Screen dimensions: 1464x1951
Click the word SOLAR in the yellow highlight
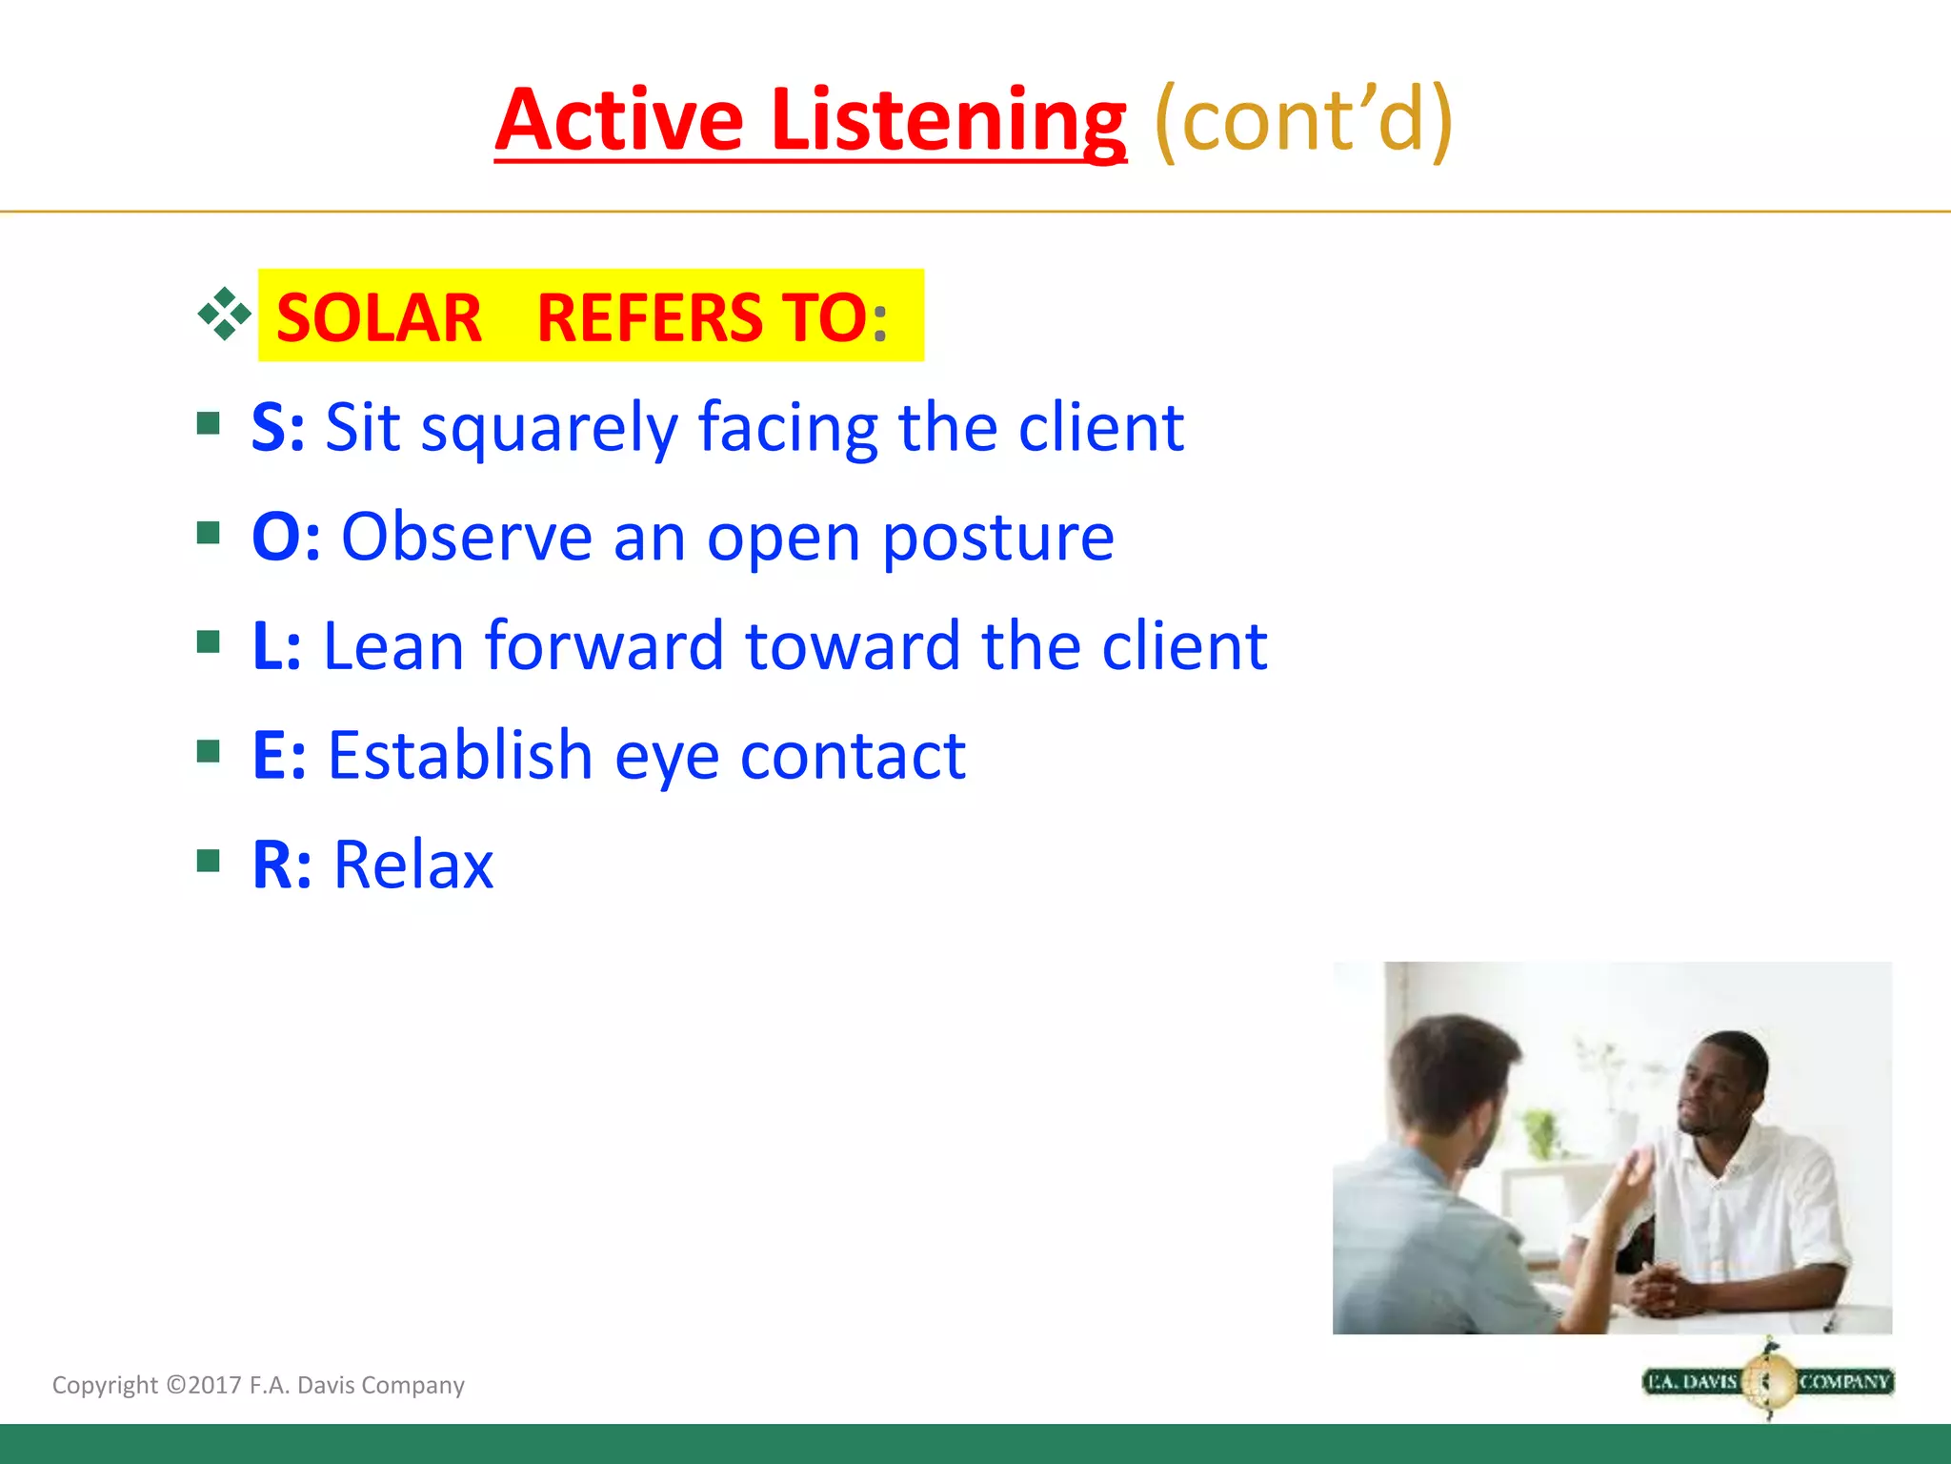pos(378,317)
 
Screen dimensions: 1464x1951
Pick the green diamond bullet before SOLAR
pos(224,314)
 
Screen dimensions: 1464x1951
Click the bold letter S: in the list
pos(277,427)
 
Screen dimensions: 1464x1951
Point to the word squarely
pos(549,429)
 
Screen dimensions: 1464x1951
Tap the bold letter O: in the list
pos(285,537)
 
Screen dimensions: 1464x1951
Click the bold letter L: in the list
pos(276,646)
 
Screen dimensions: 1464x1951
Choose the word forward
pos(604,646)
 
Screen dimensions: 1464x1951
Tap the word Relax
pos(412,865)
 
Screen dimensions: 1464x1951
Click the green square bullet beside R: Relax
pos(208,862)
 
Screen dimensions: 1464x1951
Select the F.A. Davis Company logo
pos(1768,1381)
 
